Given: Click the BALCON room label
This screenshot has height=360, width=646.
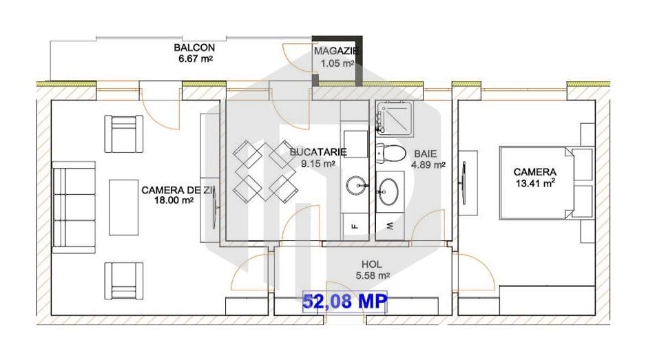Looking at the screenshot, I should click(x=194, y=48).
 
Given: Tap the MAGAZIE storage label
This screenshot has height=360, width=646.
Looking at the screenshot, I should click(x=337, y=51).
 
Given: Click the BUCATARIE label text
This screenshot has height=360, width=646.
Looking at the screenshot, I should click(x=318, y=152).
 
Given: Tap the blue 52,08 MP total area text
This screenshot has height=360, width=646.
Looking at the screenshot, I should click(x=345, y=301).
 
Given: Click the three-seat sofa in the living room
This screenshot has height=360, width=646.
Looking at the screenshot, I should click(x=74, y=209).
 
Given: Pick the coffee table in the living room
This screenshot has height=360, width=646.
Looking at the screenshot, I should click(x=124, y=204).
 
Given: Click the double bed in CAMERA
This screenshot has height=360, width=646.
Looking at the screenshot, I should click(x=544, y=181).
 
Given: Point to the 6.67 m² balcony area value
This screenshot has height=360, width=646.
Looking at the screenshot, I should click(x=194, y=59).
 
